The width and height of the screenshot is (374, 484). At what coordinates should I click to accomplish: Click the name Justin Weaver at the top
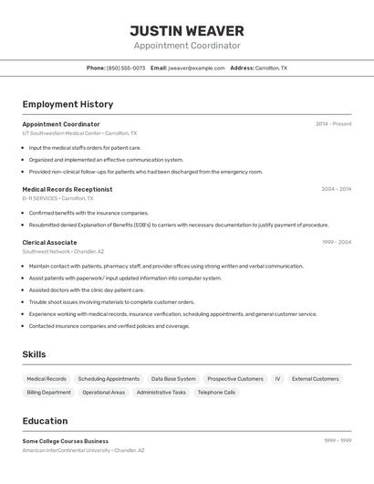[187, 30]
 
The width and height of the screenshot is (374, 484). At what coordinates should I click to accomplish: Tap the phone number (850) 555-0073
[125, 68]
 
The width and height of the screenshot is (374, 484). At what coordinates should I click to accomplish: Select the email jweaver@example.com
[196, 68]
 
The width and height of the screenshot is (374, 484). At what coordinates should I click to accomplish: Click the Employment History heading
[68, 104]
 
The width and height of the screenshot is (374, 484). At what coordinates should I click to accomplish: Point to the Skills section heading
[35, 354]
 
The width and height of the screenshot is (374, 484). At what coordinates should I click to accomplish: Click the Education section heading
[45, 421]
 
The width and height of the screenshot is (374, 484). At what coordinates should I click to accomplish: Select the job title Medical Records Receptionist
[68, 189]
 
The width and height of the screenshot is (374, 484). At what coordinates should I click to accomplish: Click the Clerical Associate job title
[49, 242]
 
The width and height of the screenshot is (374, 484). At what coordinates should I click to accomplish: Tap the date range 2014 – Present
[333, 124]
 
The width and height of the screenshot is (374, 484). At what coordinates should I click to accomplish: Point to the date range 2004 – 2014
[336, 189]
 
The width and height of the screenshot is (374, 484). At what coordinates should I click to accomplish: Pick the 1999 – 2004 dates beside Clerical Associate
[337, 242]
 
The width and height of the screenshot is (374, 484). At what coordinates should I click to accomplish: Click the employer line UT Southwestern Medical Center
[79, 133]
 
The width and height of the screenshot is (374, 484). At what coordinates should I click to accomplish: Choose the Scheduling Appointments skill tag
[109, 378]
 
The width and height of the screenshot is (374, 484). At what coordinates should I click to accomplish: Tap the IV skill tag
[277, 378]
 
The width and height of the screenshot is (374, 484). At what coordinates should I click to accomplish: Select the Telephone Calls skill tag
[216, 392]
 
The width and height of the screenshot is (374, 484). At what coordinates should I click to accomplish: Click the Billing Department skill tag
[48, 392]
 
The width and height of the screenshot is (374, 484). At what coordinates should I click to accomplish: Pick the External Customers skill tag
[315, 378]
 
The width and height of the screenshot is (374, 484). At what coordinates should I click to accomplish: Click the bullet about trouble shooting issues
[111, 301]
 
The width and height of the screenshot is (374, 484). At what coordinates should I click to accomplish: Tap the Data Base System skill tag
[173, 378]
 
